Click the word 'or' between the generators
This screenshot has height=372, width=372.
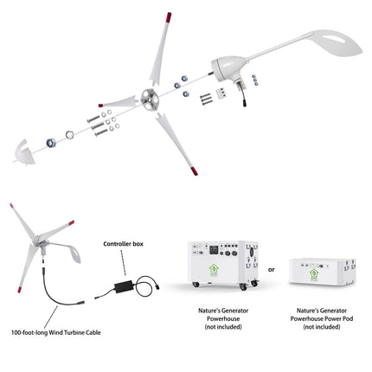(x=272, y=267)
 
